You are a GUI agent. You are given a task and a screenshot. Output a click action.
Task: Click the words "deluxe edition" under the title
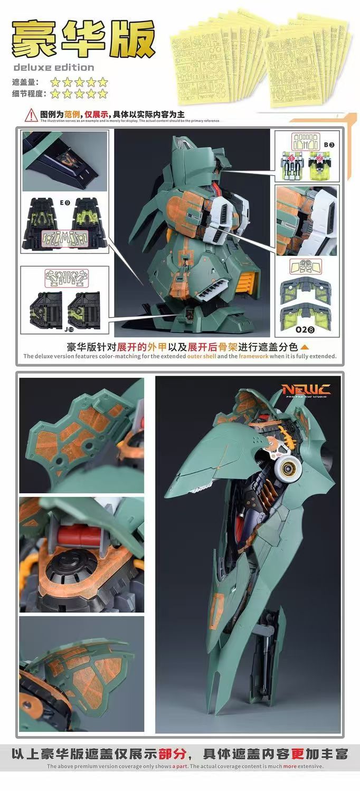coord(53,68)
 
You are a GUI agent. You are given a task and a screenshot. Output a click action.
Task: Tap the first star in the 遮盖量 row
coord(55,82)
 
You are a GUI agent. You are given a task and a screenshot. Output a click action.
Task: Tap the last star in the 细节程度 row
coord(102,94)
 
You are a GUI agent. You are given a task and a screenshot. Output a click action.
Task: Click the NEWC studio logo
coord(306,390)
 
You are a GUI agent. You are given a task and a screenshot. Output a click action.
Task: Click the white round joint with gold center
coord(287,466)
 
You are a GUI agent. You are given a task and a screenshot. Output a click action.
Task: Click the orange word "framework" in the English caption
coord(253,356)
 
